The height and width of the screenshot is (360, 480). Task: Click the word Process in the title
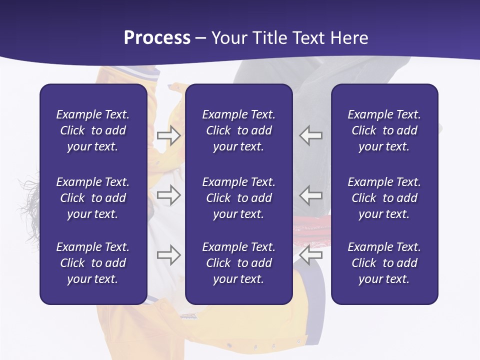pyautogui.click(x=157, y=38)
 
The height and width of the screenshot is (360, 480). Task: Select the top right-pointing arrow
pyautogui.click(x=169, y=135)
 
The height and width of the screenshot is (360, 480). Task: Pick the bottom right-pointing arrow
pyautogui.click(x=169, y=255)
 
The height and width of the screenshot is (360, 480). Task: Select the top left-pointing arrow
pyautogui.click(x=311, y=135)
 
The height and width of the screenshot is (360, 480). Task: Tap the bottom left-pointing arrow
pyautogui.click(x=311, y=255)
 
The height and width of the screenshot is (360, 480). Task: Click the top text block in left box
pyautogui.click(x=93, y=130)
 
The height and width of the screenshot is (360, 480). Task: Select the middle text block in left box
pyautogui.click(x=93, y=198)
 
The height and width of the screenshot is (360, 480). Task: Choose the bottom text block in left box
pyautogui.click(x=93, y=263)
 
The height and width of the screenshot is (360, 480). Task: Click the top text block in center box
pyautogui.click(x=238, y=130)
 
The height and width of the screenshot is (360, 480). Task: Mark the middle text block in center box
pyautogui.click(x=238, y=198)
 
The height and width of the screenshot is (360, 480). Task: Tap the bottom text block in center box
pyautogui.click(x=238, y=263)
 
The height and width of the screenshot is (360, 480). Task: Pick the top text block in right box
pyautogui.click(x=384, y=130)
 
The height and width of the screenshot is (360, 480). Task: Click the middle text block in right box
pyautogui.click(x=384, y=198)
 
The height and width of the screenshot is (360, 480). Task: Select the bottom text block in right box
pyautogui.click(x=384, y=263)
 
